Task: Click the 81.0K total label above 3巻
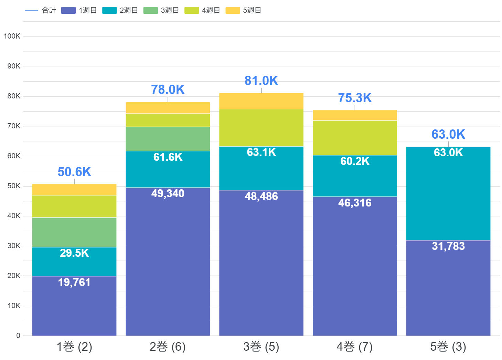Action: pyautogui.click(x=261, y=81)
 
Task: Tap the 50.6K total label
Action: pyautogui.click(x=74, y=172)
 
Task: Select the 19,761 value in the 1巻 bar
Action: pyautogui.click(x=74, y=283)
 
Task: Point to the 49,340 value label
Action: pyautogui.click(x=168, y=194)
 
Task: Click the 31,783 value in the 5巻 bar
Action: pyautogui.click(x=448, y=246)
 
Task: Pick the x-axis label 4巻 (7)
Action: pyautogui.click(x=355, y=347)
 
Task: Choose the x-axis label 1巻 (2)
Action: pyautogui.click(x=74, y=347)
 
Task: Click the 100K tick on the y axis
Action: pyautogui.click(x=12, y=36)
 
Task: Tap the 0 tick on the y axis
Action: pyautogui.click(x=18, y=336)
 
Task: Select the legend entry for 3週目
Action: pyautogui.click(x=161, y=10)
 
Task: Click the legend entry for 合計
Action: pyautogui.click(x=41, y=10)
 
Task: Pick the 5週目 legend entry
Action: pyautogui.click(x=244, y=10)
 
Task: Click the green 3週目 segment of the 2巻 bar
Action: pyautogui.click(x=168, y=139)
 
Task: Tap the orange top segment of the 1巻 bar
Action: pyautogui.click(x=74, y=190)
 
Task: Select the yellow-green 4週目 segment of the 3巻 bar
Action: pyautogui.click(x=261, y=128)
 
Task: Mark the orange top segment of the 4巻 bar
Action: pyautogui.click(x=355, y=115)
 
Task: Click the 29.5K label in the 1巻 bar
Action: pyautogui.click(x=74, y=253)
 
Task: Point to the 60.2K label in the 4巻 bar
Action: pyautogui.click(x=355, y=161)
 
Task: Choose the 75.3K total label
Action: pyautogui.click(x=355, y=98)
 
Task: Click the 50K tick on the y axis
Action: pyautogui.click(x=14, y=186)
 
